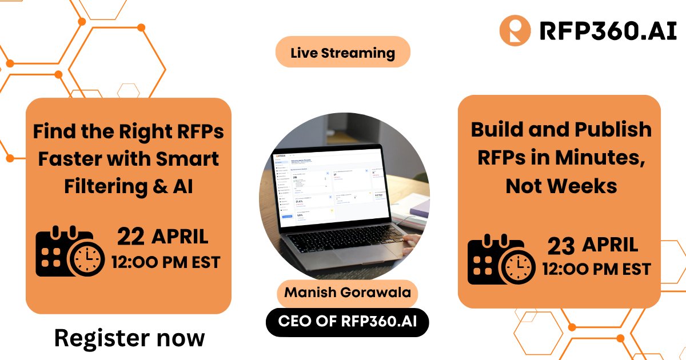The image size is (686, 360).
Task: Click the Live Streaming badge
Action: [x=342, y=53]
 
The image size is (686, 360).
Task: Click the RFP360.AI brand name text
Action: [x=600, y=31]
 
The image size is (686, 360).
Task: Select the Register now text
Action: [x=129, y=338]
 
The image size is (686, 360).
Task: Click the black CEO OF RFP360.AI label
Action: [x=347, y=322]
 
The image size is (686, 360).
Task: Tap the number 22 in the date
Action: [x=130, y=237]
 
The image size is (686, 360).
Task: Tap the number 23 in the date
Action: [x=561, y=246]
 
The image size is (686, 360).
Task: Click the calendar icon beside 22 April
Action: [x=69, y=251]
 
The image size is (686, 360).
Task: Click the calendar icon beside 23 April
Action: [x=501, y=261]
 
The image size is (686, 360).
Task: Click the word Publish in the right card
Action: [x=616, y=130]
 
